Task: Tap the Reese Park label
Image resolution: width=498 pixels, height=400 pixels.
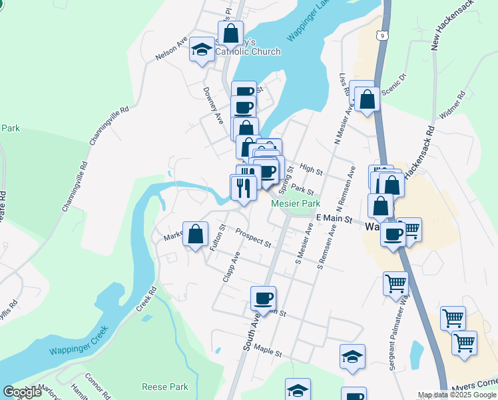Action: point(165,387)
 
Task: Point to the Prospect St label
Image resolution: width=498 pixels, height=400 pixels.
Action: point(253,237)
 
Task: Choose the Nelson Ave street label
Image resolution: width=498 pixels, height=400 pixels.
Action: point(171,49)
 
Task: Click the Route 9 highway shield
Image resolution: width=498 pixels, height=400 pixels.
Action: point(381,35)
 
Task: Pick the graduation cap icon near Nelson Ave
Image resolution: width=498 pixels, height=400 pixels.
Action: point(201,49)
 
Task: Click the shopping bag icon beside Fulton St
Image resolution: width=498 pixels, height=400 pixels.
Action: point(194,234)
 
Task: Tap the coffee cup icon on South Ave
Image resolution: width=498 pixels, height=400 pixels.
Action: point(264,298)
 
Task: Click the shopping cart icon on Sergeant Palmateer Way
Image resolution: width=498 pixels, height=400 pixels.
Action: point(395,283)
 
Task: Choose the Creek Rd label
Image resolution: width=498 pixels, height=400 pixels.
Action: point(146,301)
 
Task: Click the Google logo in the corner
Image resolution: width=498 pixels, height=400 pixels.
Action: point(23,392)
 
